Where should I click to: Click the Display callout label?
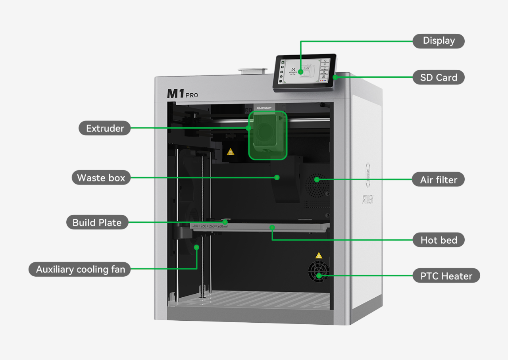click(438, 41)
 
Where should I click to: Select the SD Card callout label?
click(438, 77)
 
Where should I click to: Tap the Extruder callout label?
click(105, 128)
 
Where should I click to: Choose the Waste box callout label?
click(101, 177)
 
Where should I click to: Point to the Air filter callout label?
click(438, 179)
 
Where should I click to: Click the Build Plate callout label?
click(97, 222)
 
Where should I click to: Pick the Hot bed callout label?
click(438, 240)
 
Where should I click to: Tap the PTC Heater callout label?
click(446, 276)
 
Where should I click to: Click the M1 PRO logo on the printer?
click(182, 94)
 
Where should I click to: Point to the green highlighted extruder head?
click(267, 135)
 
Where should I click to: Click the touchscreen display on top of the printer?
click(304, 72)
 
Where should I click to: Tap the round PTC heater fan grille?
click(318, 272)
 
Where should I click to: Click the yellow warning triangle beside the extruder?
click(231, 152)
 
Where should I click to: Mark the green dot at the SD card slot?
click(335, 77)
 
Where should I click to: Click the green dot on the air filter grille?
click(317, 179)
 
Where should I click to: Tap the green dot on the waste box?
click(277, 177)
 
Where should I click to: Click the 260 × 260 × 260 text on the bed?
click(212, 226)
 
